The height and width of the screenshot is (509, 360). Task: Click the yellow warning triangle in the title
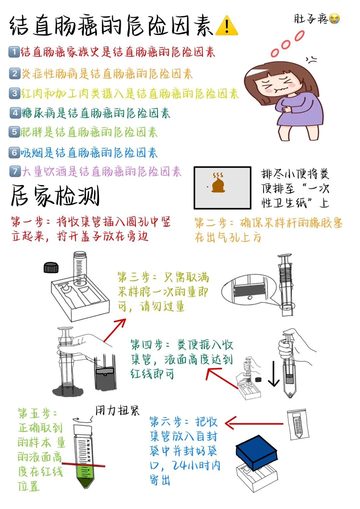coord(227,26)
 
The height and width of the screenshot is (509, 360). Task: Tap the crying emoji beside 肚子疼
coord(334,19)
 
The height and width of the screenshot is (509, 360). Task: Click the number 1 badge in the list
coord(14,52)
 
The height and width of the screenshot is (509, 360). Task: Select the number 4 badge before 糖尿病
coord(15,113)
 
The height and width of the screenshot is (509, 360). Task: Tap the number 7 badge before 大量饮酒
coord(15,171)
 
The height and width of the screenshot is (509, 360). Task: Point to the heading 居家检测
coord(55,195)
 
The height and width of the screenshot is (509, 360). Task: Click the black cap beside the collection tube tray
coord(51,268)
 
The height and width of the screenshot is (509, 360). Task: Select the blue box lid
coord(257,453)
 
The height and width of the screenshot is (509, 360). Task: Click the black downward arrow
coord(274,374)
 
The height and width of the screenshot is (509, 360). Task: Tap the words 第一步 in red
coord(27,222)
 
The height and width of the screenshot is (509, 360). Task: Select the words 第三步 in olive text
coord(134,277)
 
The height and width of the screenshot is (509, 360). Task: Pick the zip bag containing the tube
coord(298,424)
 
